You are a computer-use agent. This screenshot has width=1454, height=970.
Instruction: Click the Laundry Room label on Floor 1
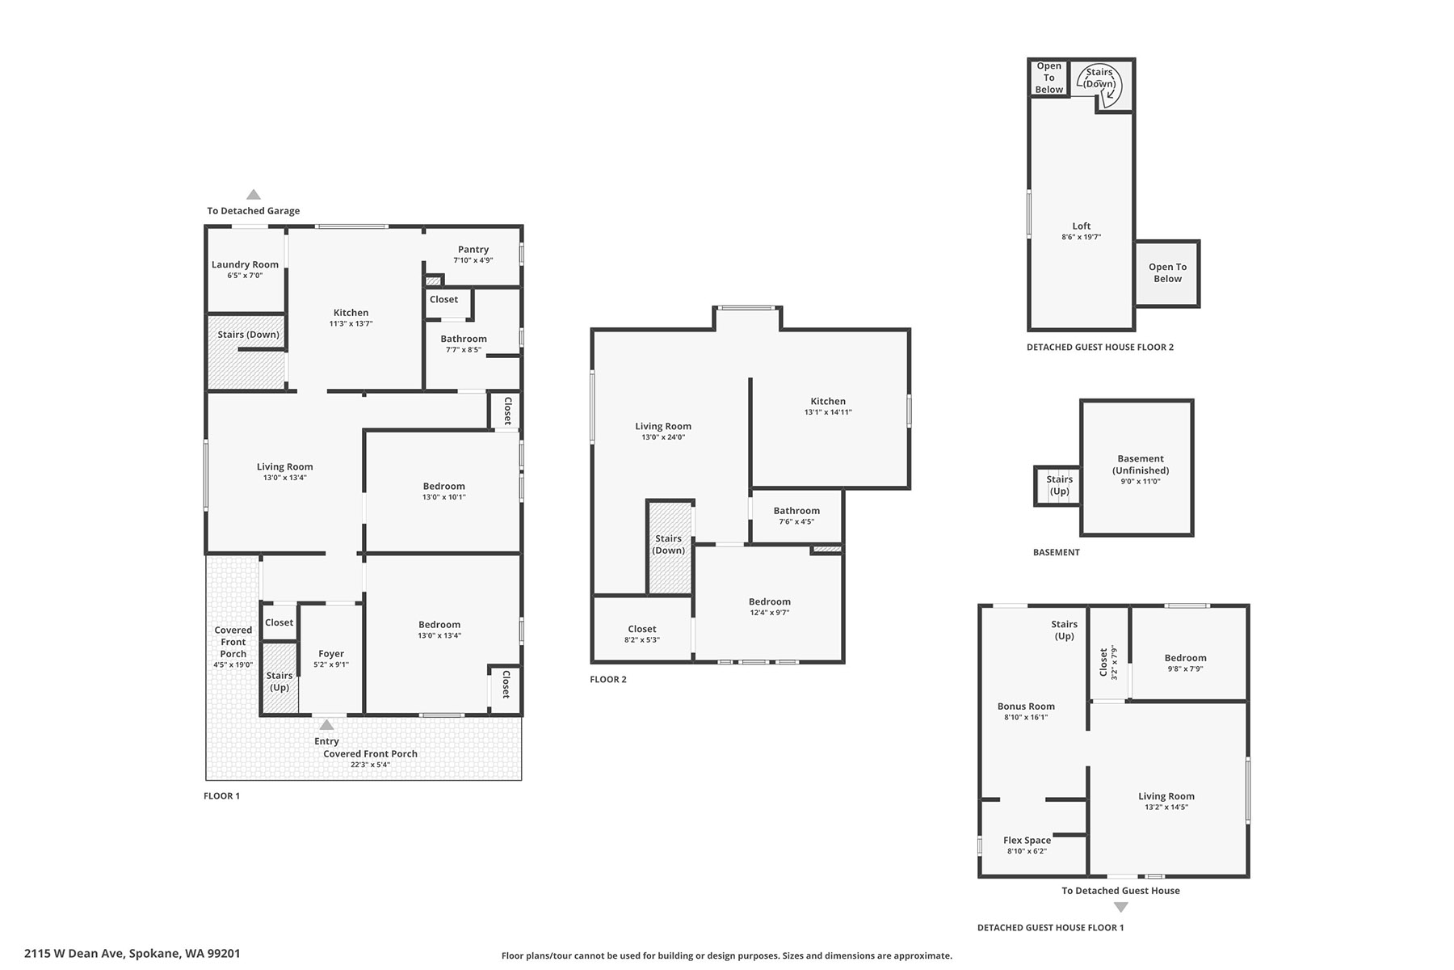(x=245, y=264)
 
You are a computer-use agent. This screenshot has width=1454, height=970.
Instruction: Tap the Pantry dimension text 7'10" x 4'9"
(x=473, y=260)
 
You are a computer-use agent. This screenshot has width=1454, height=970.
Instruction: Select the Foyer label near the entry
(x=331, y=654)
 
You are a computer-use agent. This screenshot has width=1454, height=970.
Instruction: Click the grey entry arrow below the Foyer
(x=326, y=724)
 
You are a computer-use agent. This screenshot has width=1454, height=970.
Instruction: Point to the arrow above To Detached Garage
(x=254, y=194)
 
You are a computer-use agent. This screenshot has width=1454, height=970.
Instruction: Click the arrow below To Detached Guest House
(x=1120, y=907)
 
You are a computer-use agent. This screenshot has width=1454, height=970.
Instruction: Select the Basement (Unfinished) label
(x=1141, y=464)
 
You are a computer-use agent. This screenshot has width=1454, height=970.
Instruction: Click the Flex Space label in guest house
(x=1027, y=841)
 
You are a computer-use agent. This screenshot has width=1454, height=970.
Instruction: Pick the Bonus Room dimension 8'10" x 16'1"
(x=1026, y=717)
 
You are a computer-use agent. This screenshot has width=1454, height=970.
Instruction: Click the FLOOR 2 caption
(x=608, y=679)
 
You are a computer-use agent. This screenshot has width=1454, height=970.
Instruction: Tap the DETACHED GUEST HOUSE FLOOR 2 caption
(x=1100, y=347)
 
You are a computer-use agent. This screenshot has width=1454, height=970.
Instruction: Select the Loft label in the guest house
(x=1082, y=226)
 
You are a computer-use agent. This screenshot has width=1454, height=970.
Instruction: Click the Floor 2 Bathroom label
(x=796, y=511)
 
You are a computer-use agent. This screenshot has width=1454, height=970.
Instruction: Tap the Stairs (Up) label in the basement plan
(x=1059, y=485)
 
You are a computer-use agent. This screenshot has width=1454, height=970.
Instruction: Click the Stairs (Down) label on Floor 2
(x=669, y=544)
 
